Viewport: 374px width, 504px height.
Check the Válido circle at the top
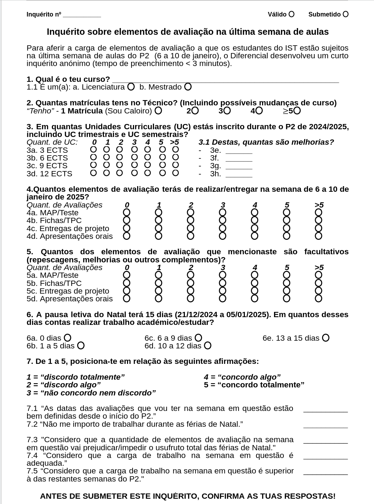pos(291,14)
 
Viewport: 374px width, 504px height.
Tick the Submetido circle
pos(346,14)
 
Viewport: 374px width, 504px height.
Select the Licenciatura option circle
pos(131,86)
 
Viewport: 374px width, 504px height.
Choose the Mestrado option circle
pos(188,86)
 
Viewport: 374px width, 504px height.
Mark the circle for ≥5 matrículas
pos(297,111)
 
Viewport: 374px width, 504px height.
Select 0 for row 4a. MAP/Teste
pos(127,212)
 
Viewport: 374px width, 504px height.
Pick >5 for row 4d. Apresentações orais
pos(319,236)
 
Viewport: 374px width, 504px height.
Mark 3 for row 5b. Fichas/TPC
pos(222,283)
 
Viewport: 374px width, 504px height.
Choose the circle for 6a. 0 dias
pos(67,338)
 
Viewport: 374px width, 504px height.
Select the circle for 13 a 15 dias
pos(326,338)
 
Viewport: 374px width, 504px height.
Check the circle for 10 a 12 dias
pos(207,346)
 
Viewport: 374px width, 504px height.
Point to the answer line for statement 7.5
pos(325,473)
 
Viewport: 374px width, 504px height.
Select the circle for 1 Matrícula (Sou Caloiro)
pos(158,111)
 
